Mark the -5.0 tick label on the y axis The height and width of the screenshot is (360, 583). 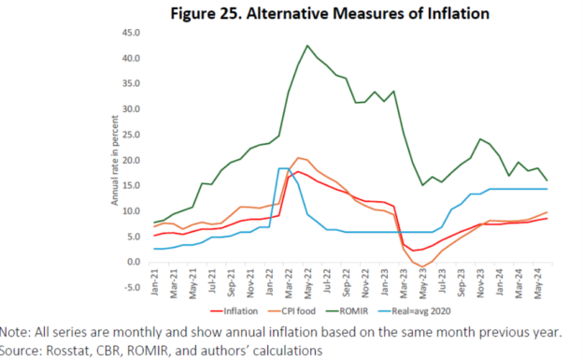point(130,286)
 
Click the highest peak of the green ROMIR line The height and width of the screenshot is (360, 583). point(307,45)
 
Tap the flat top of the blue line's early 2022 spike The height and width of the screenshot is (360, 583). point(283,168)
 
